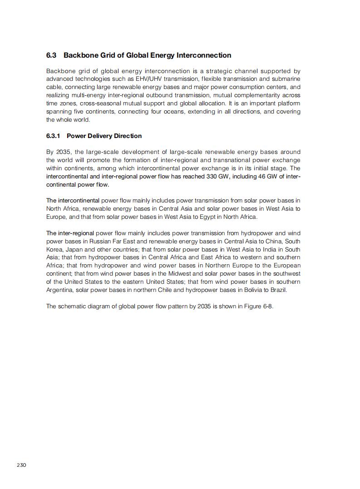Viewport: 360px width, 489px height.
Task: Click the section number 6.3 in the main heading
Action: [51, 55]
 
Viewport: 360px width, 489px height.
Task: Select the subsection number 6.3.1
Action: [53, 136]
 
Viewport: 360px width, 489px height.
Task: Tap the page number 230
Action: [22, 465]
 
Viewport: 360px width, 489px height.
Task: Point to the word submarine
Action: [286, 79]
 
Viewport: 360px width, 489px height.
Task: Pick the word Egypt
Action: [195, 217]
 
